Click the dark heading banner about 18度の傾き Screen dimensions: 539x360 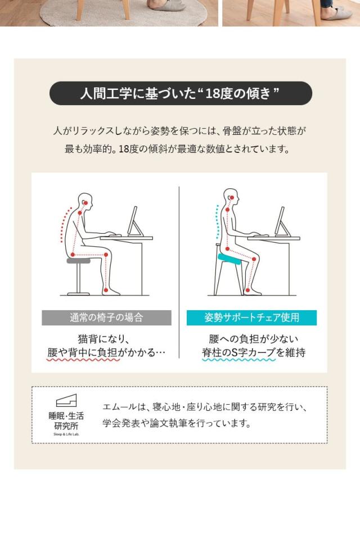(180, 93)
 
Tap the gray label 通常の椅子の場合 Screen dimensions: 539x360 (106, 318)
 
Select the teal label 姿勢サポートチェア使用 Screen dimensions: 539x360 (251, 318)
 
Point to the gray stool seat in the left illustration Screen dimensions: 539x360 (78, 261)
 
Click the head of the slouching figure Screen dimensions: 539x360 (84, 200)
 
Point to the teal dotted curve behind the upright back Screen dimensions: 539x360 (217, 222)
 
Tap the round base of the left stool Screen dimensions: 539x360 (78, 293)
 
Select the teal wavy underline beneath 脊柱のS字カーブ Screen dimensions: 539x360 (238, 360)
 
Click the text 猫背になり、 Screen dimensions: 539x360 (104, 339)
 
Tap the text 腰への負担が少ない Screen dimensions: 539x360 (253, 339)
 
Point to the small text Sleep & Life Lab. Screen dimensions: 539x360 (66, 434)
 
